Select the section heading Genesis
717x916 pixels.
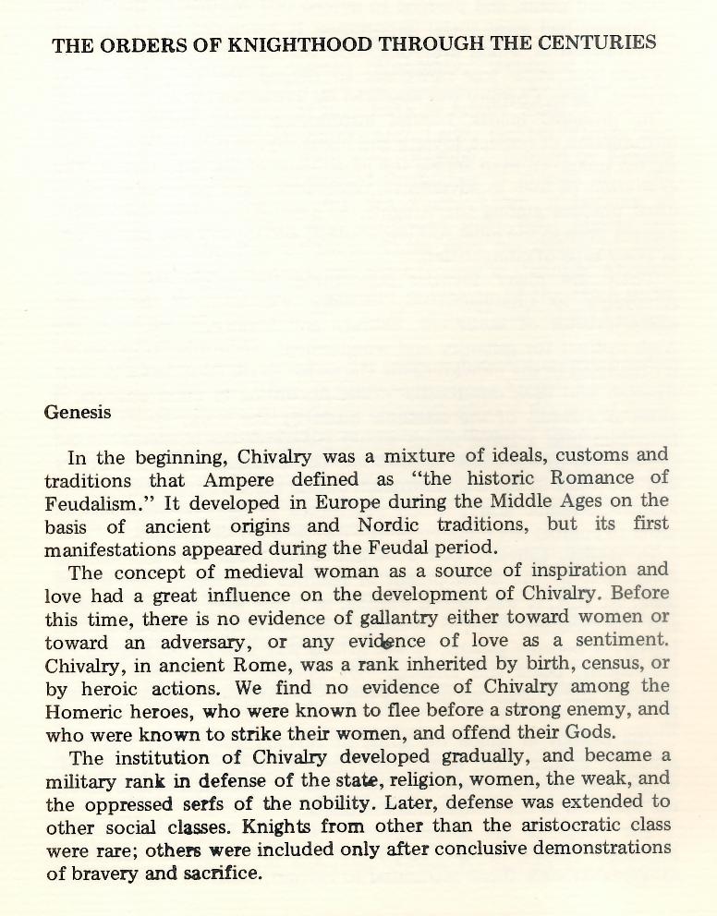point(78,413)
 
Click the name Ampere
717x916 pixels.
point(240,479)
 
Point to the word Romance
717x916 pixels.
point(592,478)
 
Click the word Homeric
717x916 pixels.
point(86,710)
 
